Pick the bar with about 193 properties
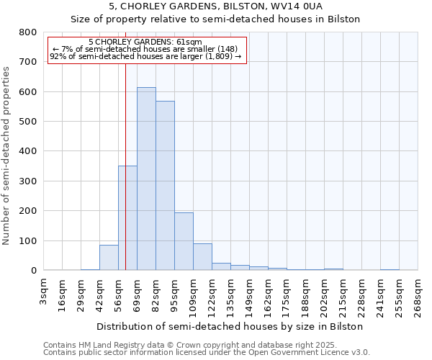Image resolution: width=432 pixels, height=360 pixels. pyautogui.click(x=184, y=241)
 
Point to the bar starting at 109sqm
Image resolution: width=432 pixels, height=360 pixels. pyautogui.click(x=202, y=257)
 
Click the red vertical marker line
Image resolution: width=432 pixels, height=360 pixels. pyautogui.click(x=125, y=144)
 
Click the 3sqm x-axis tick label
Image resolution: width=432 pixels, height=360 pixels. pyautogui.click(x=44, y=292)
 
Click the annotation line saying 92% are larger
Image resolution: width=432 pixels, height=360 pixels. pyautogui.click(x=145, y=56)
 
